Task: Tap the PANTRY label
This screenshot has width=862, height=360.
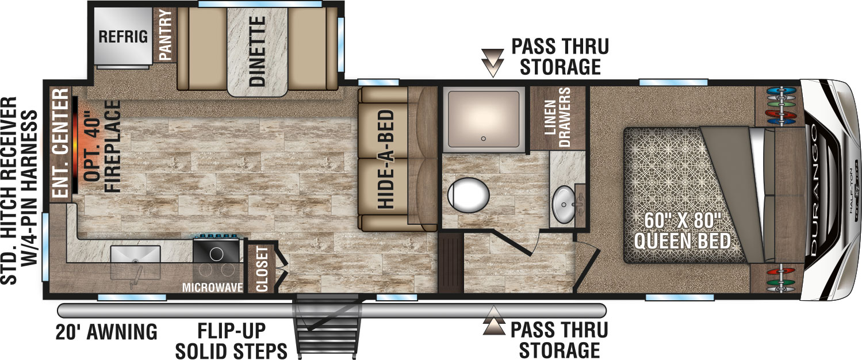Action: pyautogui.click(x=166, y=35)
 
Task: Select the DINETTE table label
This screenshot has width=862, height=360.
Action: pyautogui.click(x=258, y=51)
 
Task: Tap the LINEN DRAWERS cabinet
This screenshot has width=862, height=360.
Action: pyautogui.click(x=557, y=118)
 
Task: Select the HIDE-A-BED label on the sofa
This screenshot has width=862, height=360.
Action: pyautogui.click(x=386, y=159)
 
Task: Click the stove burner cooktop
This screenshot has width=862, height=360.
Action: pyautogui.click(x=217, y=253)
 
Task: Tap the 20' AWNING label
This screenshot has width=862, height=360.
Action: pyautogui.click(x=106, y=332)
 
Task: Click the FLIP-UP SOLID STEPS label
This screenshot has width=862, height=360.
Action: pyautogui.click(x=231, y=340)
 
